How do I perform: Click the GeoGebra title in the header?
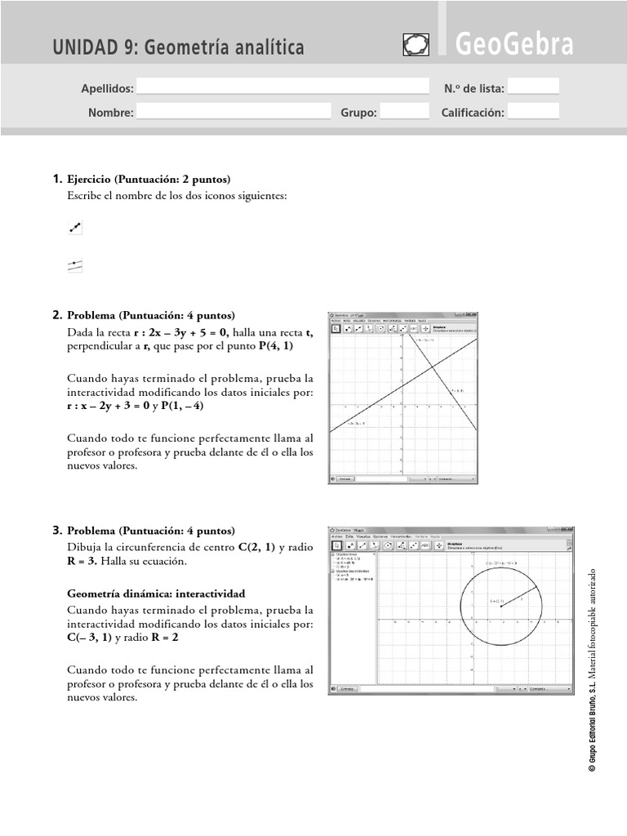click(514, 45)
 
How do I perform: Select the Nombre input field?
click(233, 113)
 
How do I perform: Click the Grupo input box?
click(399, 113)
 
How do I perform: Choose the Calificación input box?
click(534, 113)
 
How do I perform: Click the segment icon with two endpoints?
click(75, 229)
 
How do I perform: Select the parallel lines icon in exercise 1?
click(75, 265)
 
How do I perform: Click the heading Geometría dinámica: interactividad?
click(156, 594)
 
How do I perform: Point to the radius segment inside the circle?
click(518, 596)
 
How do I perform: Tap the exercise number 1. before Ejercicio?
click(57, 179)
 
